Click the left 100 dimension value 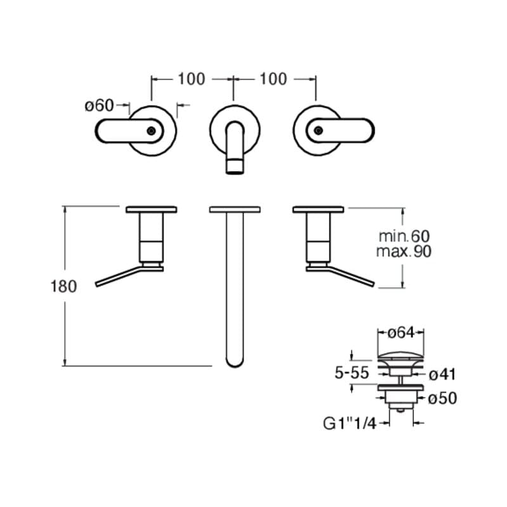click(x=191, y=79)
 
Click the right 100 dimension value click(x=273, y=79)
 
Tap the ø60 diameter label click(x=99, y=105)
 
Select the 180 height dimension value click(x=64, y=286)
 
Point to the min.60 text click(x=404, y=236)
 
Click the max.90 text click(x=404, y=251)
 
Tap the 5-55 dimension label click(x=352, y=373)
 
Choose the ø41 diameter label click(x=442, y=375)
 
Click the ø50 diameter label click(x=442, y=398)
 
